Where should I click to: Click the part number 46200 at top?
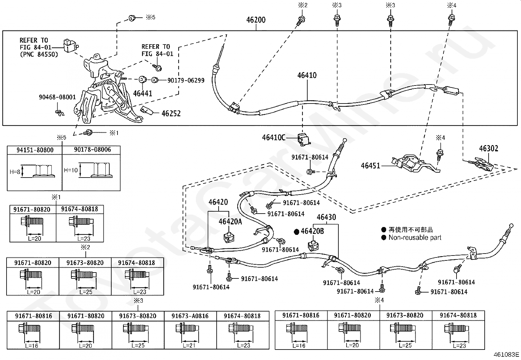coord(256,20)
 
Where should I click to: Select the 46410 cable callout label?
coord(307,75)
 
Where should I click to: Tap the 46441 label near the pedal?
coord(143,93)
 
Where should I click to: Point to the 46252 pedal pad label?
coord(171,113)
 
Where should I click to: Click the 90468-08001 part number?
coord(57,97)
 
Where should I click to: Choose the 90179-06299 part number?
coord(186,80)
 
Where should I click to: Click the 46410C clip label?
coord(274,138)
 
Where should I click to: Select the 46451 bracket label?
coord(370,165)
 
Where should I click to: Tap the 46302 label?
coord(489,148)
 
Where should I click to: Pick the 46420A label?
coord(230,221)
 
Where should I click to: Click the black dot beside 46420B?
coord(296,232)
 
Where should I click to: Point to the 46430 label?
coord(326,217)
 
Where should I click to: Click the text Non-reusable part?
coord(415,237)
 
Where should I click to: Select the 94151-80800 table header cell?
coord(35,150)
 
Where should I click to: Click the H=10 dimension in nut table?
coord(71,170)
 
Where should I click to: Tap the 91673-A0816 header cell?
coord(190,316)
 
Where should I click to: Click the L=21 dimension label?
coord(189,346)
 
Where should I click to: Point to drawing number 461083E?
coord(506,354)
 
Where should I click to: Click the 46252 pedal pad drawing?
coord(146,110)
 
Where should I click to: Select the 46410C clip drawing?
coord(304,139)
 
